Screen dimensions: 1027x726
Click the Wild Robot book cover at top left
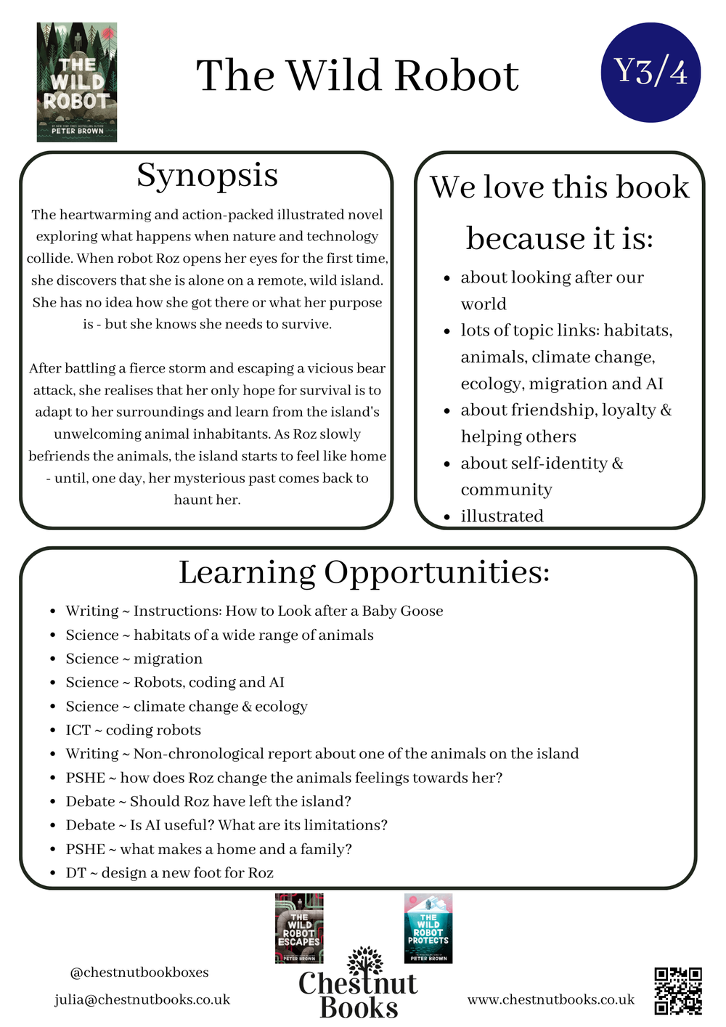click(x=77, y=82)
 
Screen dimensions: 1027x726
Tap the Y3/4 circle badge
click(x=650, y=72)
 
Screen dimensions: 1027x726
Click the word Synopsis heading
click(x=208, y=175)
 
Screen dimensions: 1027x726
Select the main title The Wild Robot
click(x=357, y=76)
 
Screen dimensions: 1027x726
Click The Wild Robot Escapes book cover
click(x=299, y=928)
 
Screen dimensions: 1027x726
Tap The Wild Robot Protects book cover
click(x=428, y=928)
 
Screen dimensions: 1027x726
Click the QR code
click(x=678, y=991)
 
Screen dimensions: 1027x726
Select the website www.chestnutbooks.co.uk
click(x=551, y=999)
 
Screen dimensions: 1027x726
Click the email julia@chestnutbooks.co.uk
click(x=142, y=999)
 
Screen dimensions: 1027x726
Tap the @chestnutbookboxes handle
click(x=139, y=972)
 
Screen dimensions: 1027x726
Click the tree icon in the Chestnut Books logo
click(x=364, y=960)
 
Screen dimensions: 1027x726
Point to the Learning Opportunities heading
click(x=364, y=572)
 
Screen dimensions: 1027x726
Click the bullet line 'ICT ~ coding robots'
click(x=134, y=730)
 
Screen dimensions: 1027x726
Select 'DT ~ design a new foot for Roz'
click(x=170, y=872)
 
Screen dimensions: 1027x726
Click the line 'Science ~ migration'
click(x=134, y=659)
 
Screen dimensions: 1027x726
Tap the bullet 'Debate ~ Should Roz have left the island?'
click(x=208, y=801)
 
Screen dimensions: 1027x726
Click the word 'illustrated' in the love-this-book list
click(x=502, y=516)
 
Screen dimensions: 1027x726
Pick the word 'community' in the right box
click(x=506, y=490)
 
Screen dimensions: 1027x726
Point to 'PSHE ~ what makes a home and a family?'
click(x=209, y=849)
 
